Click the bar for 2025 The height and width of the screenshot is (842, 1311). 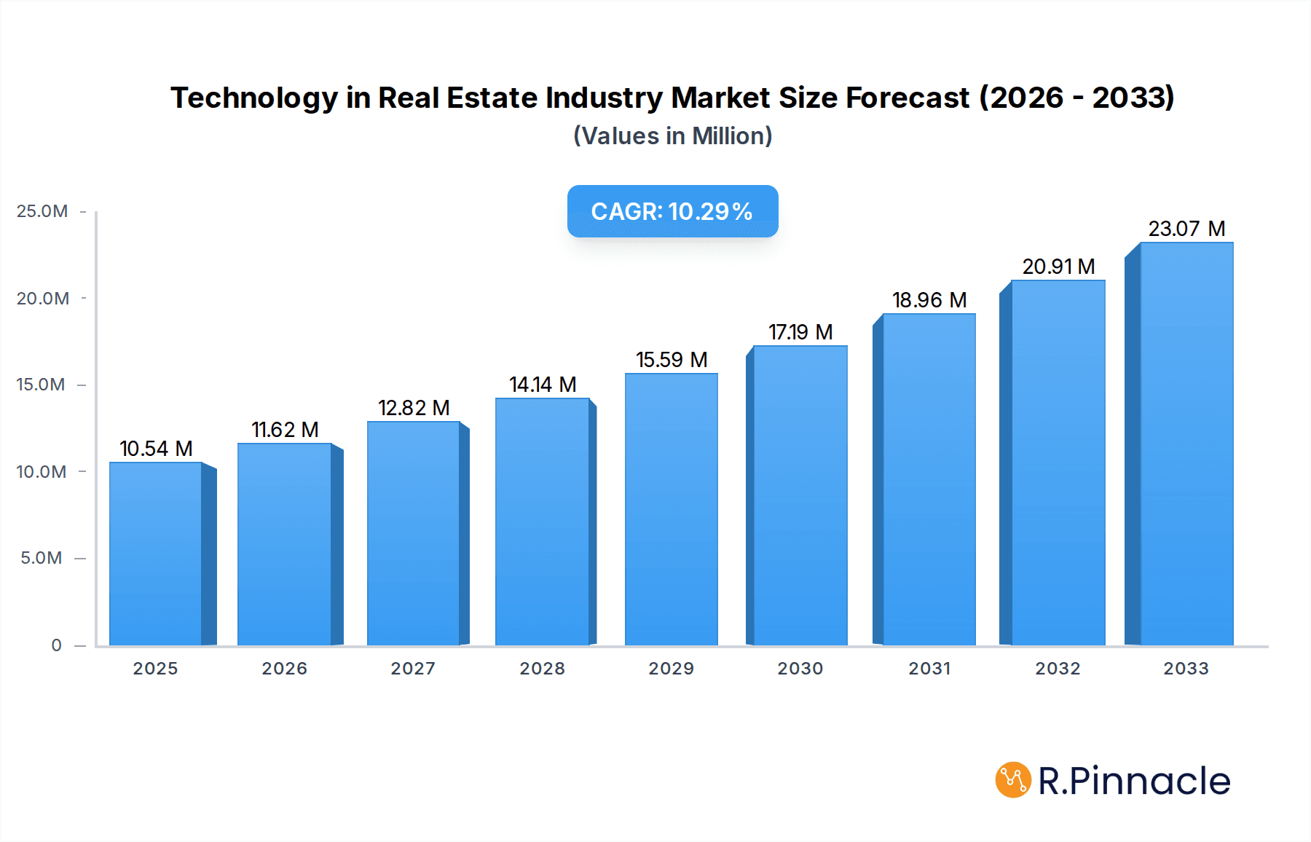[155, 554]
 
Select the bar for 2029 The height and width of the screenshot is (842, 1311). [671, 510]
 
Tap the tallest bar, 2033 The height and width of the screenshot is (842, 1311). [1186, 444]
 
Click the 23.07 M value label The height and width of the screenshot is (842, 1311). [1186, 229]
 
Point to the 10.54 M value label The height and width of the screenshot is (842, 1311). [156, 449]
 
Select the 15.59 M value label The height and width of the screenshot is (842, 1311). [672, 360]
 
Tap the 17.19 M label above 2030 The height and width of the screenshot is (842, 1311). [800, 332]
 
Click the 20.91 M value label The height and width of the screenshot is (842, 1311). [1058, 267]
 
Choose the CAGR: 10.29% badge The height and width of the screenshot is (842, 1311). [672, 211]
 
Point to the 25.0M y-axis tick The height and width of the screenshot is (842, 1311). [42, 211]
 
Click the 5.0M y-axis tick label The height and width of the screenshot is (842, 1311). [42, 558]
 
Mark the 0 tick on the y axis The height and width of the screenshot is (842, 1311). [56, 645]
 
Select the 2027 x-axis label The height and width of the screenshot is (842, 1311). [413, 669]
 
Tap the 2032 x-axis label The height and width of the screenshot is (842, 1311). [1058, 669]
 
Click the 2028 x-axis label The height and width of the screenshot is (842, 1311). [542, 669]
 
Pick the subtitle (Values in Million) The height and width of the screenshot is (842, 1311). [672, 136]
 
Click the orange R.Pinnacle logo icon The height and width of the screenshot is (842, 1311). [1012, 780]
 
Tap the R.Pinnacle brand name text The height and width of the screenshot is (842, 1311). [1133, 781]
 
